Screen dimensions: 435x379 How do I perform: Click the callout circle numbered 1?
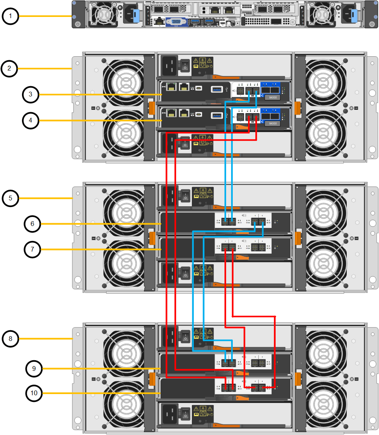(10, 16)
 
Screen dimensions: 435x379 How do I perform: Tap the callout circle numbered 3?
(30, 94)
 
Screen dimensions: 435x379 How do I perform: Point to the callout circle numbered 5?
(10, 198)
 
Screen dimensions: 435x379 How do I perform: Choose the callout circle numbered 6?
(32, 224)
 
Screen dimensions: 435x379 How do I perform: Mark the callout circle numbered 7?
(32, 249)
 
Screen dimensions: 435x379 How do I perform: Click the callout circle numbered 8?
(10, 338)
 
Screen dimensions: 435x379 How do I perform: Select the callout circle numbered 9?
(34, 368)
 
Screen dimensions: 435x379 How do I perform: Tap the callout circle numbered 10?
(34, 393)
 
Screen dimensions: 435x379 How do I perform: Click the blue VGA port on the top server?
(176, 22)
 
